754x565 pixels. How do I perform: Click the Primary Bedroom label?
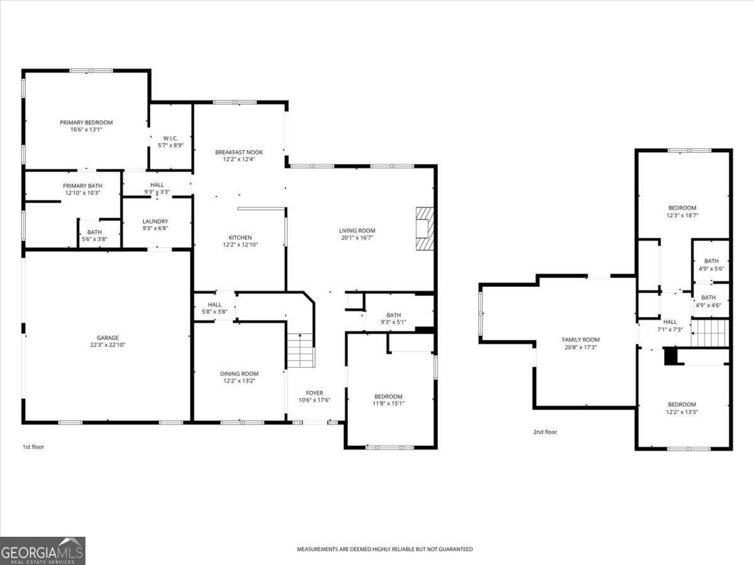pos(86,122)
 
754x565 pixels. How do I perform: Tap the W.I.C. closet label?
pos(170,138)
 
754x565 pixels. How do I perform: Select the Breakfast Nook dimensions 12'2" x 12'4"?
pos(239,159)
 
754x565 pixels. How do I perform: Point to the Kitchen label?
pos(240,237)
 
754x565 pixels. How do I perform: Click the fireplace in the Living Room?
pos(424,229)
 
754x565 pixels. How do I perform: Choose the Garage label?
pos(107,338)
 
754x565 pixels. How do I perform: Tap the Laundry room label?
pos(155,221)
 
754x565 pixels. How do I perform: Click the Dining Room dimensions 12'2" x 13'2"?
pos(239,381)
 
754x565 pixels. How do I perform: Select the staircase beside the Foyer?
pos(300,352)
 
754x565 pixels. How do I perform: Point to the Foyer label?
pos(315,393)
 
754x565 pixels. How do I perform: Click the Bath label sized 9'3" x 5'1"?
pos(394,315)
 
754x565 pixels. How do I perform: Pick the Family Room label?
pos(581,340)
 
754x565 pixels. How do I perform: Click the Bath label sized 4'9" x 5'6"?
pos(711,261)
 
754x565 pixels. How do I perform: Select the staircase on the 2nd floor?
pos(710,333)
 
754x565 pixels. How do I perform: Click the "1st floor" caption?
pos(33,447)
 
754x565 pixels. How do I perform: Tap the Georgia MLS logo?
pos(42,551)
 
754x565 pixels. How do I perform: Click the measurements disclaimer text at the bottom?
pos(385,549)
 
